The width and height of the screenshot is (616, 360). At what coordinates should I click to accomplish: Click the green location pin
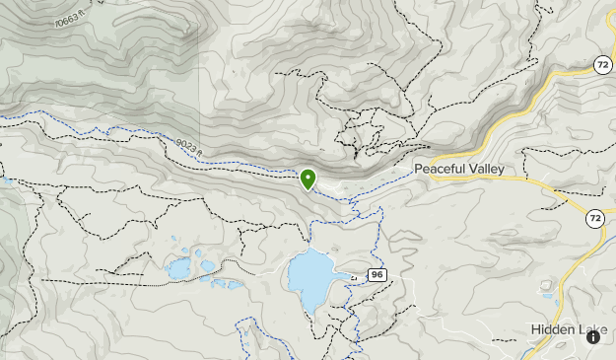click(308, 180)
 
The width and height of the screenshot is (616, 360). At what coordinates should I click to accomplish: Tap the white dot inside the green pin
click(308, 177)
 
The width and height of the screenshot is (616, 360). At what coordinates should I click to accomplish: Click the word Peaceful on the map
click(439, 170)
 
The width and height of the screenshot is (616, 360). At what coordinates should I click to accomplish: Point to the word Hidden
click(551, 329)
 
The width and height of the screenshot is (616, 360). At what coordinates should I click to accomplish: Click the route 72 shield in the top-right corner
click(603, 64)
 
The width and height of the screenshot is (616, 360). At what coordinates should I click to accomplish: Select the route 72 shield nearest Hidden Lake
click(594, 218)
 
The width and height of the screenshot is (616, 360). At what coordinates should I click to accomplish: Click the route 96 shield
click(376, 274)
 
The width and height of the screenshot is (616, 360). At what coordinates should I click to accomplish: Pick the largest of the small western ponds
click(179, 268)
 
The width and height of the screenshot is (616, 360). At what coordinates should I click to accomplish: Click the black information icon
click(593, 337)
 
